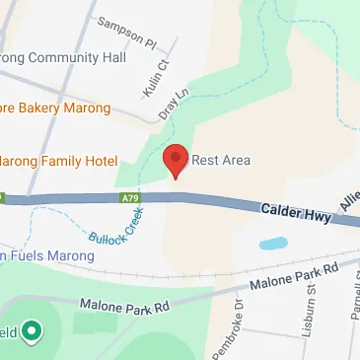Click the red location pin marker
pos(176,159)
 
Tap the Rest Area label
pos(221,160)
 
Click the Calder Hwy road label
pos(295,210)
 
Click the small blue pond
pos(273,243)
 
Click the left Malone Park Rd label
pos(125,305)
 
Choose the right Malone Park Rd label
pos(294,275)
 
